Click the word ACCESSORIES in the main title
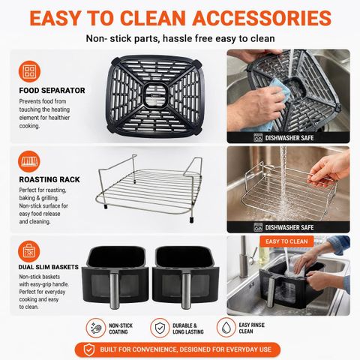tap(262, 18)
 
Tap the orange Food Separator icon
tap(29, 71)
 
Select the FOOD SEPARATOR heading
tap(52, 91)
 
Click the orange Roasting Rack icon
tap(29, 161)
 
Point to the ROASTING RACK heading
tap(49, 179)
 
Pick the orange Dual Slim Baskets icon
tap(29, 251)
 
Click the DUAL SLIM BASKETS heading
tap(49, 267)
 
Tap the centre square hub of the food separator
tap(155, 96)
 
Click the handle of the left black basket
tap(114, 290)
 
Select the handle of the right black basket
tap(186, 290)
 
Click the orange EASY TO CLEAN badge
tap(286, 241)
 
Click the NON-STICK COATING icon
tap(96, 328)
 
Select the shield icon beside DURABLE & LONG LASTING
tap(160, 328)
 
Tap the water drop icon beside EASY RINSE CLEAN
tap(226, 328)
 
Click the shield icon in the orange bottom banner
tap(89, 349)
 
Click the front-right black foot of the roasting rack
tap(191, 220)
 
